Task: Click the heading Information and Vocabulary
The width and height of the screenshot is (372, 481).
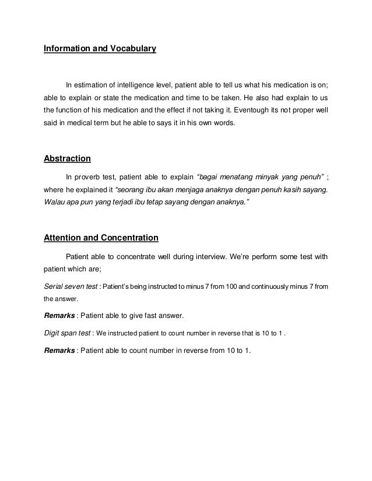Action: tap(100, 49)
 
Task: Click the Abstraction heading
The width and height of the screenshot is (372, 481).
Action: tap(68, 158)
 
